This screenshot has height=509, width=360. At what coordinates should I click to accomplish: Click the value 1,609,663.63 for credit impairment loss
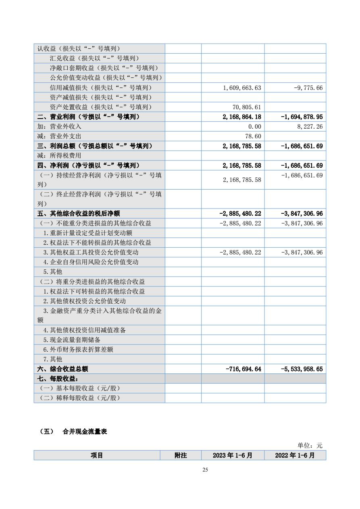241,88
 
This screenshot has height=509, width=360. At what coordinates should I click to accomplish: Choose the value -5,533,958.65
302,369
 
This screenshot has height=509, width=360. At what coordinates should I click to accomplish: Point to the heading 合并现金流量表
85,432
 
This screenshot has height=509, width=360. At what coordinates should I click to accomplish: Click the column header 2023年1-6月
233,455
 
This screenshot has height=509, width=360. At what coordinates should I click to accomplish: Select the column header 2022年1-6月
295,455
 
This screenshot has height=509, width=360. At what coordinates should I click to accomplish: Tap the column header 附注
181,455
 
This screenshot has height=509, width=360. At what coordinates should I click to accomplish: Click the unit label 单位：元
310,445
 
